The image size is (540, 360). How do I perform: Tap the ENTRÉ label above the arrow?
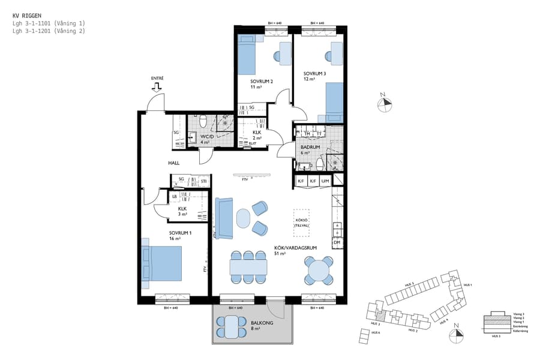click(x=157, y=78)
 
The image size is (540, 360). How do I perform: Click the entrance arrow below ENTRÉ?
click(x=157, y=88)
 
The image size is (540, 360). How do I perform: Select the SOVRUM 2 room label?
click(x=262, y=81)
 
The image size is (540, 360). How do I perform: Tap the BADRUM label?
click(x=311, y=147)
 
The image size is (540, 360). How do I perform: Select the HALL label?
click(x=173, y=163)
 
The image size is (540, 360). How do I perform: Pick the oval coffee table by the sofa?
click(x=243, y=218)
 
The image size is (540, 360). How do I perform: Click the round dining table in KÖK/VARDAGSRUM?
click(x=318, y=271)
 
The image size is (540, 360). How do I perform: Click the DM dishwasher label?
click(x=337, y=242)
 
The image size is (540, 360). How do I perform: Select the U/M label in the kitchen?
click(x=325, y=181)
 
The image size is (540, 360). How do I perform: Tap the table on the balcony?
click(x=231, y=327)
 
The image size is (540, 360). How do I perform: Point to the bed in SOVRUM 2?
click(x=247, y=54)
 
